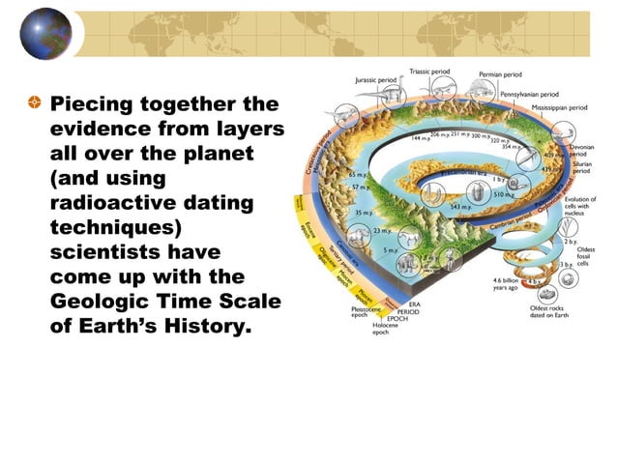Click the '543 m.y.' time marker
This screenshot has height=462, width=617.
(460, 206)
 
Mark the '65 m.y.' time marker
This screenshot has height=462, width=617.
(358, 174)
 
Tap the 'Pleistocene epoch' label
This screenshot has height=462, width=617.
(366, 311)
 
